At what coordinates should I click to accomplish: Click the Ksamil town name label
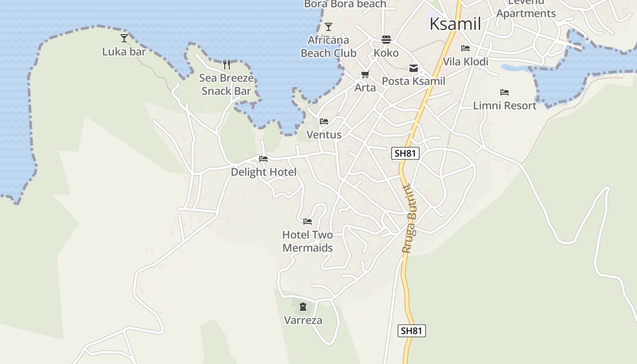tap(455, 24)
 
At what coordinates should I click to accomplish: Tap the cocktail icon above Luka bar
tap(124, 38)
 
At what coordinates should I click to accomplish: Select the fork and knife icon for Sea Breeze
tap(227, 64)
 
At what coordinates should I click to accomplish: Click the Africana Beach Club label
tap(329, 46)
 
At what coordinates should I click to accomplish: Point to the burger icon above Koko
tap(386, 39)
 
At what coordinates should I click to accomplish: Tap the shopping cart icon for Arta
tap(365, 74)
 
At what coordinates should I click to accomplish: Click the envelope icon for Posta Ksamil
tap(413, 68)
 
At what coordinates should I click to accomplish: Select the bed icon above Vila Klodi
tap(465, 48)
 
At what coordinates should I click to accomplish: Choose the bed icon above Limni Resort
tap(504, 92)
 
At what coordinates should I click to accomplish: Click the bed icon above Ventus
tap(324, 121)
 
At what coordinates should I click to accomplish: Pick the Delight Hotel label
tap(263, 172)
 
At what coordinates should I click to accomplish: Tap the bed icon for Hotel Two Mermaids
tap(308, 222)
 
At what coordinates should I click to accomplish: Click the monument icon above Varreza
tap(303, 307)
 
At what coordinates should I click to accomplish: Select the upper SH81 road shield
tap(405, 153)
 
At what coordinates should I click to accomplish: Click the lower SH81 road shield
tap(412, 331)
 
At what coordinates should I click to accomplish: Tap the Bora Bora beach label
tap(345, 4)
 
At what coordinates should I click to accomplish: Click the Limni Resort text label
tap(505, 106)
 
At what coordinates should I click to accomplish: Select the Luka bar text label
tap(124, 51)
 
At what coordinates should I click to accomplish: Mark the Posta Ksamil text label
tap(413, 81)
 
